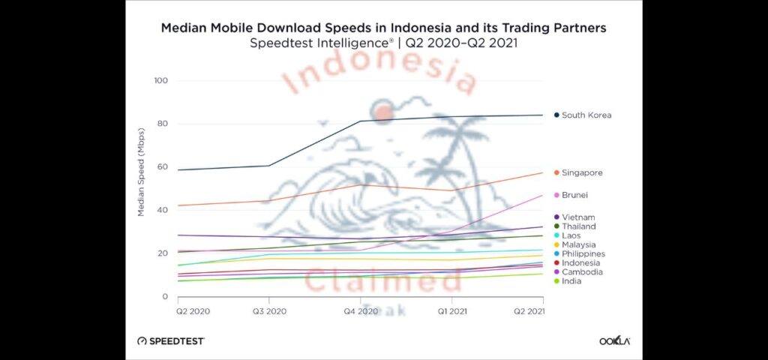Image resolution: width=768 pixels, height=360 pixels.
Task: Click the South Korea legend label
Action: tap(586, 115)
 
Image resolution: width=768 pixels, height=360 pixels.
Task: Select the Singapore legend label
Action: tap(582, 173)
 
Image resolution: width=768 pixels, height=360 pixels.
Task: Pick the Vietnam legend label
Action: tap(577, 217)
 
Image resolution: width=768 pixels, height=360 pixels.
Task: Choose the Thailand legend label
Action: tap(579, 226)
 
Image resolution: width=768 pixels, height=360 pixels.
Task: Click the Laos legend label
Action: tap(571, 235)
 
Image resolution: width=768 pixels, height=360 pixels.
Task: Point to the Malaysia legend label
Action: tap(579, 244)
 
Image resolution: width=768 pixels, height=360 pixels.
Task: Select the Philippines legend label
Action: tap(583, 254)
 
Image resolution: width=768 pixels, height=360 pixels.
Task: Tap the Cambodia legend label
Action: tap(582, 272)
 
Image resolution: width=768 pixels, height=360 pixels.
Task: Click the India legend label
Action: tap(571, 281)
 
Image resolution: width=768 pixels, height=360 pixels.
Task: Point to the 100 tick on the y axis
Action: tap(160, 81)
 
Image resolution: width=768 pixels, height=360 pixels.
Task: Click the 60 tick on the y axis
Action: tap(163, 167)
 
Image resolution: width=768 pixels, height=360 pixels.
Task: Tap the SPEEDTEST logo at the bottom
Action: tap(171, 340)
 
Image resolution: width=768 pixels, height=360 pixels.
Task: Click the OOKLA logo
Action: tap(614, 340)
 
